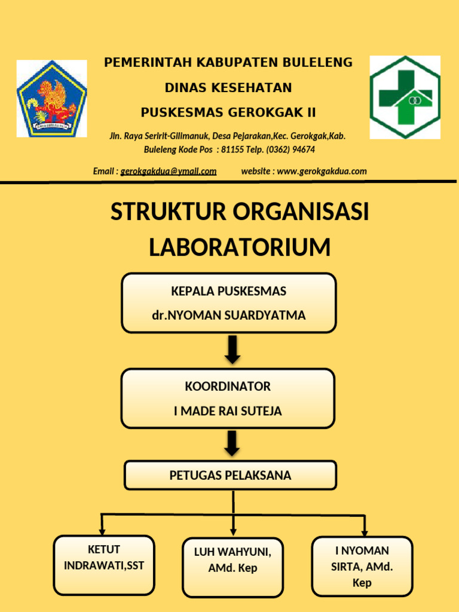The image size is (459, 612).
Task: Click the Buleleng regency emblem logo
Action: tap(51, 99)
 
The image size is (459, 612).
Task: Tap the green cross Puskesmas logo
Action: tap(405, 97)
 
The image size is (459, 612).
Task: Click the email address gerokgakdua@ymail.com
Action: tap(169, 172)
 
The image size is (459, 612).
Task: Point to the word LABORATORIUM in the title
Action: tap(240, 247)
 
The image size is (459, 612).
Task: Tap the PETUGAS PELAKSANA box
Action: tap(230, 476)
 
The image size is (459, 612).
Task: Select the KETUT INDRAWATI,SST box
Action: tap(104, 565)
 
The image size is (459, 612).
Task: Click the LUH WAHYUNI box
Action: tap(232, 568)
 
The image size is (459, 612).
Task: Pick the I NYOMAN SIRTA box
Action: tap(362, 566)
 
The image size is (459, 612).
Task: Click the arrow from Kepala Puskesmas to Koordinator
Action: tap(232, 350)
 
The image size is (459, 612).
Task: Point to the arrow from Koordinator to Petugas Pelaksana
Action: tap(232, 443)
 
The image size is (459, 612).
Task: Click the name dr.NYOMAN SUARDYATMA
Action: tap(229, 316)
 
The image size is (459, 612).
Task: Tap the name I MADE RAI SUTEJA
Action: tap(228, 411)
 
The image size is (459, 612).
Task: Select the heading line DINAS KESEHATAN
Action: tap(228, 88)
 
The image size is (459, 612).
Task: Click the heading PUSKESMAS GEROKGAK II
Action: tap(228, 113)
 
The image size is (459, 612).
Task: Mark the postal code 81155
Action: tap(232, 149)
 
